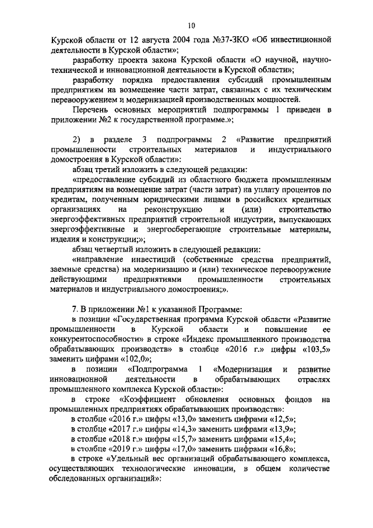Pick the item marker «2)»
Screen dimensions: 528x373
click(76, 140)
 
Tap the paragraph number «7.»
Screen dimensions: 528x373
click(75, 309)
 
